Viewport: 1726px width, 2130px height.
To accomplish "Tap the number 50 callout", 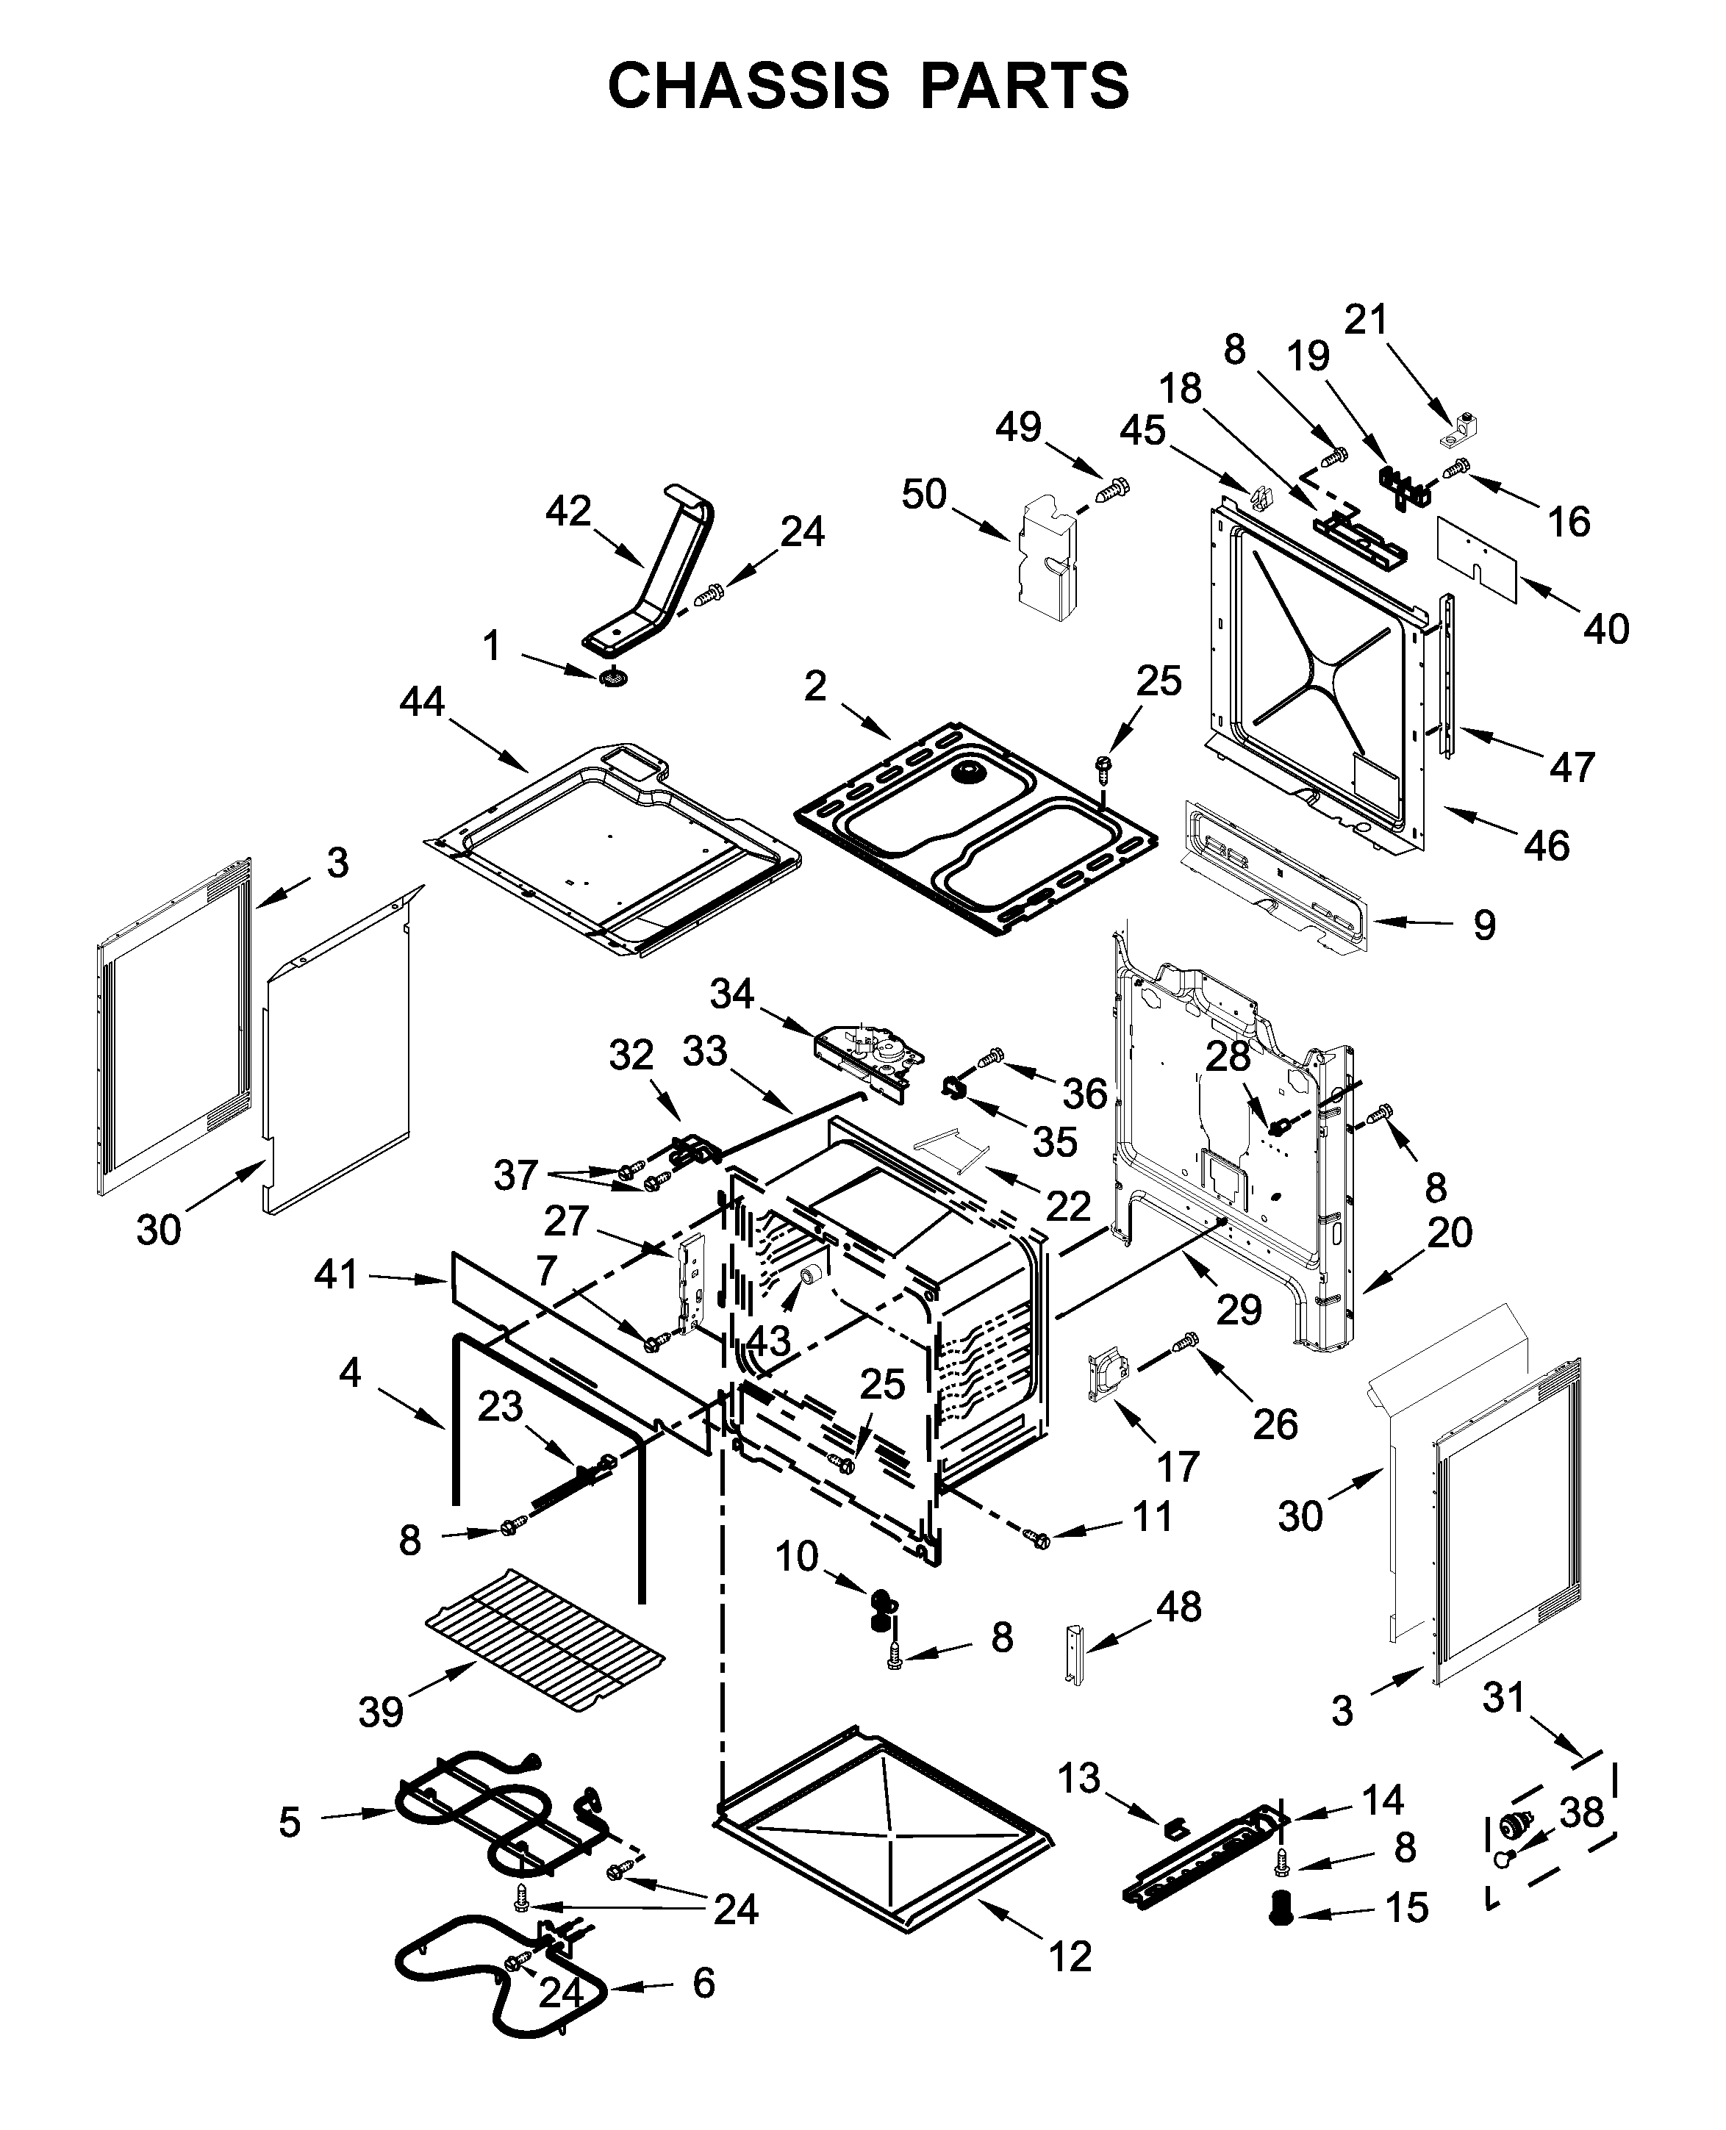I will tap(924, 494).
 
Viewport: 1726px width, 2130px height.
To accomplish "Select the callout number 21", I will tap(1365, 319).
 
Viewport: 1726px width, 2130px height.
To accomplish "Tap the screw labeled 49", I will tap(1114, 489).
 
